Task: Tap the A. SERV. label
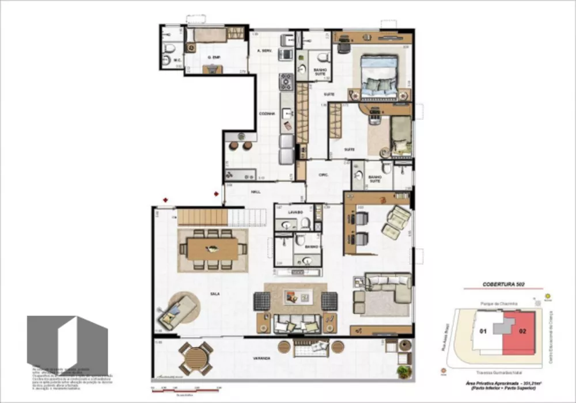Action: point(264,51)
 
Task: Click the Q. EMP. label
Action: point(215,58)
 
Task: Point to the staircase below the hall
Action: point(222,217)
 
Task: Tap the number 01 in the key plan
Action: point(483,330)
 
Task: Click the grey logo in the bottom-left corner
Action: point(67,343)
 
